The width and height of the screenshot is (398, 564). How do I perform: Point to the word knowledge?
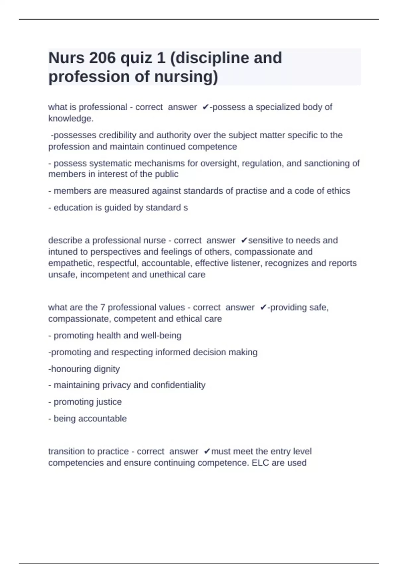(x=71, y=118)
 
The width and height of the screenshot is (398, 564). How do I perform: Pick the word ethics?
(x=339, y=191)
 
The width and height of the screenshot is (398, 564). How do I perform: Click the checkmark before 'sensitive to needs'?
(x=244, y=240)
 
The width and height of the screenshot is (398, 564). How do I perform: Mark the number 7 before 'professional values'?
(x=102, y=308)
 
